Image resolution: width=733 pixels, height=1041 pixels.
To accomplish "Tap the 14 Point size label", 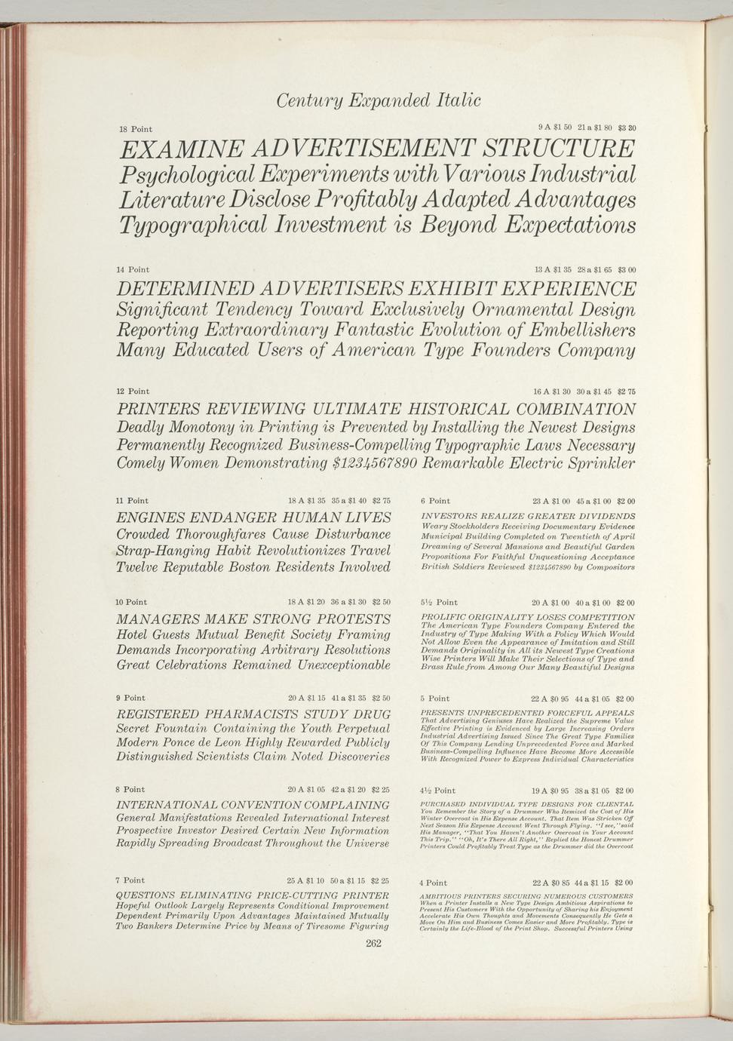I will [x=133, y=270].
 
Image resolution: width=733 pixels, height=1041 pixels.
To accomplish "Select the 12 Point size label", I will [x=133, y=392].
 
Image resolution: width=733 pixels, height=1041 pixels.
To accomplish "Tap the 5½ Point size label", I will [x=439, y=603].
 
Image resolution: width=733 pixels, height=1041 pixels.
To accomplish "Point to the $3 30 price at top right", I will [x=627, y=127].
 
